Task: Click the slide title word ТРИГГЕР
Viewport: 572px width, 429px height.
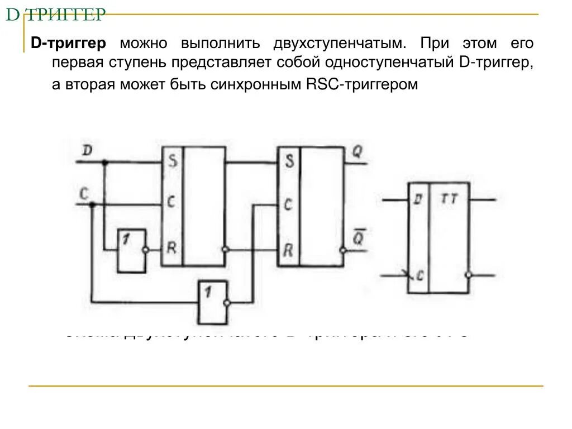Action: pyautogui.click(x=67, y=15)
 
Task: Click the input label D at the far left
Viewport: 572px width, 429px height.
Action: pyautogui.click(x=87, y=150)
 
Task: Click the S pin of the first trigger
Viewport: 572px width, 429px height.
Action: pyautogui.click(x=173, y=162)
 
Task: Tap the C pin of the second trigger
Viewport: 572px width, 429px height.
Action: pyautogui.click(x=288, y=204)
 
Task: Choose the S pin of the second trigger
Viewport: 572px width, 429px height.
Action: pyautogui.click(x=289, y=162)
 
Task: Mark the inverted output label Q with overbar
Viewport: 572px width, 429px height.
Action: pyautogui.click(x=357, y=237)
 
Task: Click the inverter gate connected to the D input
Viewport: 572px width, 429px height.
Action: pyautogui.click(x=131, y=250)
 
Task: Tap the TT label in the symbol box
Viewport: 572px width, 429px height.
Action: pyautogui.click(x=449, y=198)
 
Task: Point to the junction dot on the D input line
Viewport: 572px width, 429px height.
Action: pyautogui.click(x=104, y=163)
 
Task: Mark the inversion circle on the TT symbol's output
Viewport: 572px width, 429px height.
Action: pyautogui.click(x=470, y=275)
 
